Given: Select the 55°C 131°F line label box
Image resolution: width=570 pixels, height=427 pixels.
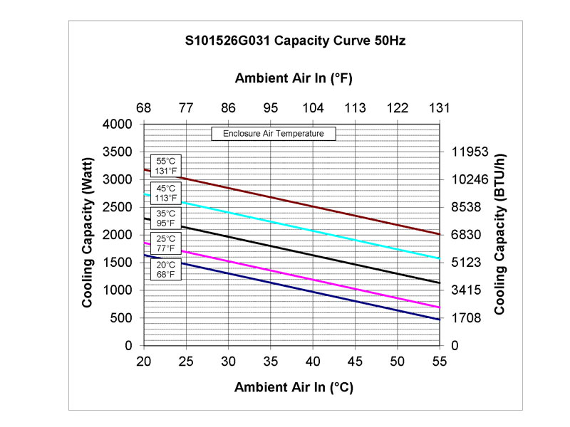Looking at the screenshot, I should click(166, 166).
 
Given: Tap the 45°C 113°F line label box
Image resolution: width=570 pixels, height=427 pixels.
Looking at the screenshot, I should click(166, 193).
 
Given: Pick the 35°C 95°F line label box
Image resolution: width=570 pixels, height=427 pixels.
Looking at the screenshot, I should click(166, 217).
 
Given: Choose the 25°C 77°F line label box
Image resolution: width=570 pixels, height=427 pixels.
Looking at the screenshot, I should click(166, 243).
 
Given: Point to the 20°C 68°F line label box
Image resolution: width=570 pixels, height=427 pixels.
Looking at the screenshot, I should click(166, 269).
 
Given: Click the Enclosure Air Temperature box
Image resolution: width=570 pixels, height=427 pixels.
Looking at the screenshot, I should click(274, 133).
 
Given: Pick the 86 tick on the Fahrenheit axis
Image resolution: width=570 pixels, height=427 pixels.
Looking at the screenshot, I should click(229, 108).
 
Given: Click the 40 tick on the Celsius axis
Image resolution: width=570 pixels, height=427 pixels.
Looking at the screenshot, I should click(313, 361).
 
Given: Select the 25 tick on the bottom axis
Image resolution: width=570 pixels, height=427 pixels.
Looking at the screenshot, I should click(186, 361).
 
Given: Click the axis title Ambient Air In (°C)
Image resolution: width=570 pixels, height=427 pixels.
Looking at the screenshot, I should click(294, 387).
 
